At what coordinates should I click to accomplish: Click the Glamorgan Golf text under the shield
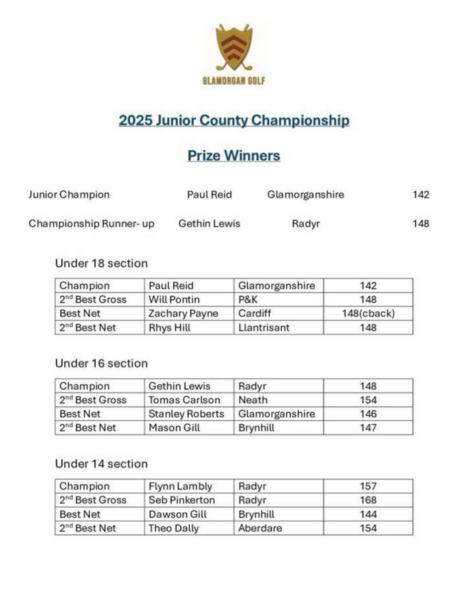click(234, 81)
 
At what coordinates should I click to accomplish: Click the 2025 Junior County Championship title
click(234, 120)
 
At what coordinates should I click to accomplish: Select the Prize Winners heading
click(234, 156)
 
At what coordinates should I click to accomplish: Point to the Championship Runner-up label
click(91, 224)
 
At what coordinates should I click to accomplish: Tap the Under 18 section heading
click(101, 263)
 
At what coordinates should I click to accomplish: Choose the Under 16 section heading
click(101, 363)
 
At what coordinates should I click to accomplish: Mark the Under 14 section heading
click(101, 464)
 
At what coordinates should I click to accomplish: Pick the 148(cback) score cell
click(368, 314)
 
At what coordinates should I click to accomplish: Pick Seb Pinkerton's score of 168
click(368, 500)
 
